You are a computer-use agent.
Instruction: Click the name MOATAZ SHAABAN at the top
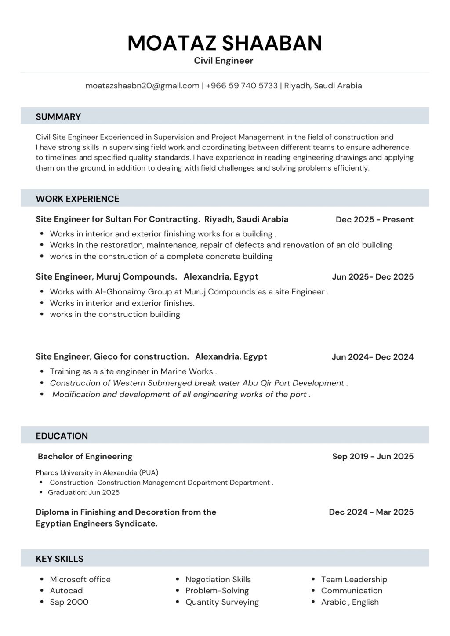tap(225, 43)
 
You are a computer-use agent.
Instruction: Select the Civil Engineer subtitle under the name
tap(224, 61)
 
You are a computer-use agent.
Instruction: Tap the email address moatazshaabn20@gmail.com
tap(142, 86)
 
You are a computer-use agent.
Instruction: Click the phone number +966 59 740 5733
tap(241, 86)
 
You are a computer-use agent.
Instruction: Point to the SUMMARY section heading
tap(58, 117)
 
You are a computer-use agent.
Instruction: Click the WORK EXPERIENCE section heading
tap(77, 199)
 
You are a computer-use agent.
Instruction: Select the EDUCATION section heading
tap(62, 436)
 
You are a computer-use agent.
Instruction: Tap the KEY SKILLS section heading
tap(59, 559)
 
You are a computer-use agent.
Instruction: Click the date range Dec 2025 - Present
tap(374, 219)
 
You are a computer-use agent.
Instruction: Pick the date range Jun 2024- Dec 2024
tap(372, 357)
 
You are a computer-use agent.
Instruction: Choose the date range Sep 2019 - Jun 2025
tap(373, 456)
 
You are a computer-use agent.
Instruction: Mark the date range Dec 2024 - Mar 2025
tap(371, 512)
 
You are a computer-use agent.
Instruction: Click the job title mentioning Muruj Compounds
tap(147, 276)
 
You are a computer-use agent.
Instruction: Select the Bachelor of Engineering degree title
tap(85, 456)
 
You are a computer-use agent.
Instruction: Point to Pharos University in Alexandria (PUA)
tap(97, 473)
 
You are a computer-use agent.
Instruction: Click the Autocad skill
tap(66, 591)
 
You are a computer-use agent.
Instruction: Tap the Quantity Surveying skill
tap(222, 602)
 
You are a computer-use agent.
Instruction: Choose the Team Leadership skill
tap(354, 579)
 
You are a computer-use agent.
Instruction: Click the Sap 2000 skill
tap(69, 602)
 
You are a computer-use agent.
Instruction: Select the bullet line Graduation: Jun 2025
tap(83, 492)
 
